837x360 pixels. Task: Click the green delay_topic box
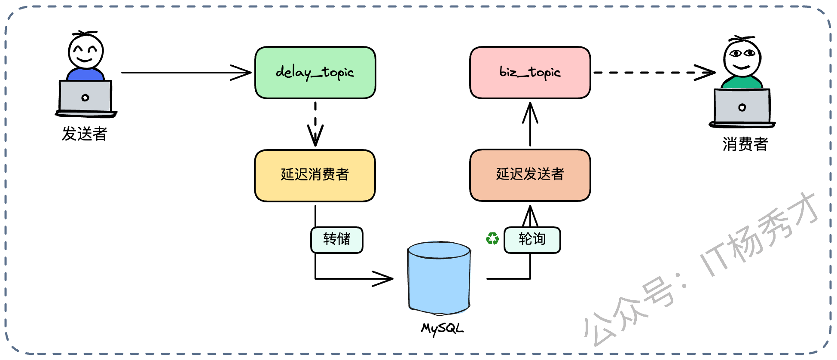click(315, 73)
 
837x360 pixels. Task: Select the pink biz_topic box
click(530, 73)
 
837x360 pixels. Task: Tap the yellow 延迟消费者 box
click(315, 175)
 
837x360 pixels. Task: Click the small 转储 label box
click(337, 240)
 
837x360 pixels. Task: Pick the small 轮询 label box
click(532, 240)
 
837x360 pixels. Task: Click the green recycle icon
click(492, 238)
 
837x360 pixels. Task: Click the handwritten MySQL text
click(442, 329)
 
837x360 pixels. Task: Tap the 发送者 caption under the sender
click(84, 134)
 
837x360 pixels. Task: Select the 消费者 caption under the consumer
click(745, 144)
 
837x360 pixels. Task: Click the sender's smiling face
click(86, 51)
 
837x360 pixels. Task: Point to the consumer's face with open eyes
click(742, 58)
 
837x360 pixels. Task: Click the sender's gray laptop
click(86, 97)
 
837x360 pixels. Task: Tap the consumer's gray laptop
click(742, 107)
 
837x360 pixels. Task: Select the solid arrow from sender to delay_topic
click(185, 73)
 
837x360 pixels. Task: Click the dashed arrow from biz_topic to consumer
click(653, 73)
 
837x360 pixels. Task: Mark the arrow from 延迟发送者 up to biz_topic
click(530, 125)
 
